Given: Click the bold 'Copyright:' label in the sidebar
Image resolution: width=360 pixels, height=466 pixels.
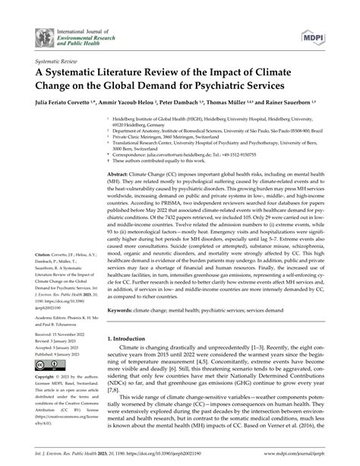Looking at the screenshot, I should (44, 377).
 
